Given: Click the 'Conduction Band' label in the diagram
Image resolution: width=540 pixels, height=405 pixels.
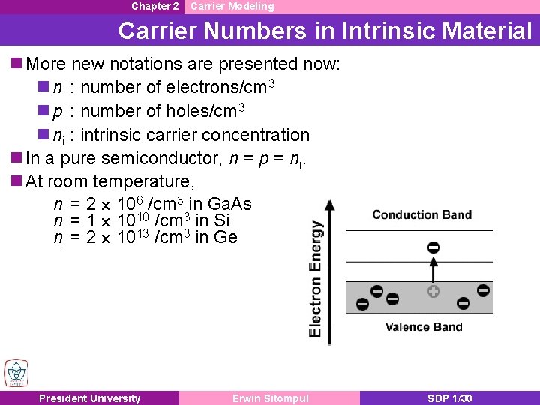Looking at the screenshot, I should click(x=422, y=215).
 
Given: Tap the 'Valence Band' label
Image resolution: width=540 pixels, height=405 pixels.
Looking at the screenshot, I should click(x=424, y=326).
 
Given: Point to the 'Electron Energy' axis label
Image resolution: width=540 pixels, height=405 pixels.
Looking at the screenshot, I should click(x=316, y=278).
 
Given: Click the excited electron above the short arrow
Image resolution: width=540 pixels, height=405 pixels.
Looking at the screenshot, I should click(x=433, y=247).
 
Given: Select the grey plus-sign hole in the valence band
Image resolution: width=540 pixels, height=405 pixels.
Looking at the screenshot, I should click(x=433, y=291).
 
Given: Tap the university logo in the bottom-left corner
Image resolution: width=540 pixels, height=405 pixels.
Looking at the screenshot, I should click(x=16, y=373).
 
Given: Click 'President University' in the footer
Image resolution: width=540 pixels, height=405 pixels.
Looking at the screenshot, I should click(x=89, y=398).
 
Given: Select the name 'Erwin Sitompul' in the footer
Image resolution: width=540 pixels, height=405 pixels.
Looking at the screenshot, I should click(x=270, y=398).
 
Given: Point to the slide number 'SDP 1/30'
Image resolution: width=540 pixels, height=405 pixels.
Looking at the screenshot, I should click(x=449, y=398).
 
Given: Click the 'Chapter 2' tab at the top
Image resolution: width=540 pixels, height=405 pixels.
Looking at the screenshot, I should click(x=155, y=6).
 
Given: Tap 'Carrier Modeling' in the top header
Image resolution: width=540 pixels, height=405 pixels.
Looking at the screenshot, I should click(x=232, y=6).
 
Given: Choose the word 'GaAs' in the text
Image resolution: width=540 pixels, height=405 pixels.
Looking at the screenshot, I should click(x=229, y=204).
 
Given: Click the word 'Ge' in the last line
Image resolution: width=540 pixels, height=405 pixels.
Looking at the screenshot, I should click(x=226, y=238).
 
